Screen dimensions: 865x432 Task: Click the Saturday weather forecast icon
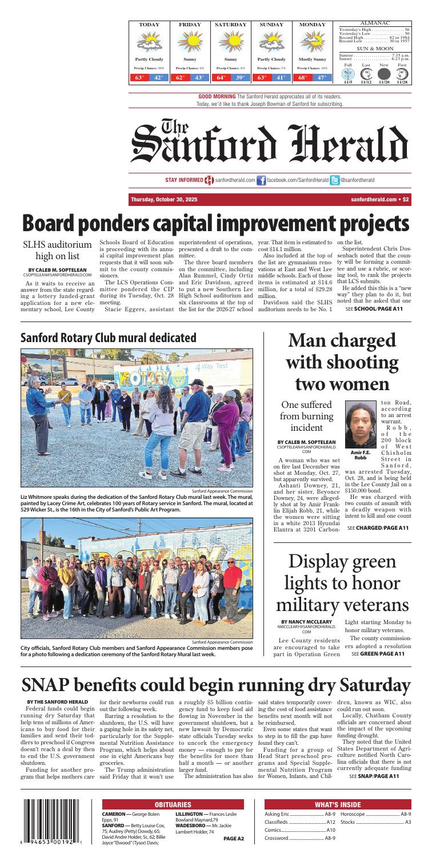click(230, 42)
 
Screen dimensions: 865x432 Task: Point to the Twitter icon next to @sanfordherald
click(335, 180)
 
